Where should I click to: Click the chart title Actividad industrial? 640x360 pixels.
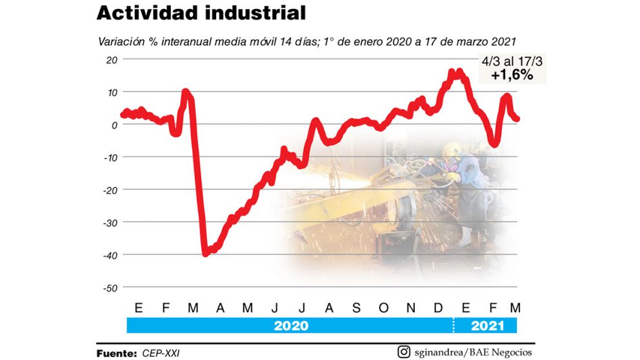(x=201, y=14)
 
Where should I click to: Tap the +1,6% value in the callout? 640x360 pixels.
(x=512, y=75)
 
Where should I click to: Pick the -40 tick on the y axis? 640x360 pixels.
(x=109, y=255)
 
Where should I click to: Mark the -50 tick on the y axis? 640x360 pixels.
(x=109, y=288)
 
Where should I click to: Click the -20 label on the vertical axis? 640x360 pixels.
(x=109, y=190)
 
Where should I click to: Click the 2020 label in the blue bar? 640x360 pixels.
(x=291, y=326)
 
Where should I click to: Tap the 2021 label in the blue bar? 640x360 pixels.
(x=487, y=326)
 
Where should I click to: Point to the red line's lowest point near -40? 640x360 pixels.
(x=206, y=253)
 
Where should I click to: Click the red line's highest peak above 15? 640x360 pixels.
(x=459, y=72)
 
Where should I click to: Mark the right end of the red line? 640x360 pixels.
(x=517, y=119)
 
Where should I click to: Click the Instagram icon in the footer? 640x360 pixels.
(x=404, y=352)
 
